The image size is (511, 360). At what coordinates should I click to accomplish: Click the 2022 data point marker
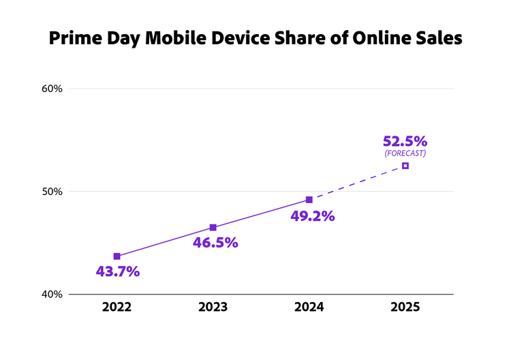[x=117, y=256]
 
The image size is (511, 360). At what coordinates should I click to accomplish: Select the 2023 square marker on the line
[x=213, y=227]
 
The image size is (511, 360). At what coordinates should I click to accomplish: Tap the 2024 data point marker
[x=309, y=200]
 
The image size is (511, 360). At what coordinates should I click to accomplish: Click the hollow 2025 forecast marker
[x=405, y=166]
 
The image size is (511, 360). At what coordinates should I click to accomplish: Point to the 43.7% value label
[x=118, y=271]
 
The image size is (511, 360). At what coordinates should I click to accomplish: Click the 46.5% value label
[x=216, y=243]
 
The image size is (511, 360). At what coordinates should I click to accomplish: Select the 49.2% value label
[x=313, y=216]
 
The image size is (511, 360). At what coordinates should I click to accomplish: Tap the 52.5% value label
[x=405, y=141]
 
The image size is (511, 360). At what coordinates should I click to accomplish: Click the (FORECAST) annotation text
[x=405, y=153]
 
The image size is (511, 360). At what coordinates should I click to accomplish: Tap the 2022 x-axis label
[x=117, y=307]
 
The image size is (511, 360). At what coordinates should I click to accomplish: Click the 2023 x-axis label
[x=213, y=307]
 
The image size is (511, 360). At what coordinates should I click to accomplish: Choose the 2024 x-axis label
[x=309, y=307]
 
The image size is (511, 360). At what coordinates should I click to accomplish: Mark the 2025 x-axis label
[x=405, y=307]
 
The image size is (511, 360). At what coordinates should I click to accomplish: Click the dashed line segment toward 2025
[x=358, y=183]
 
